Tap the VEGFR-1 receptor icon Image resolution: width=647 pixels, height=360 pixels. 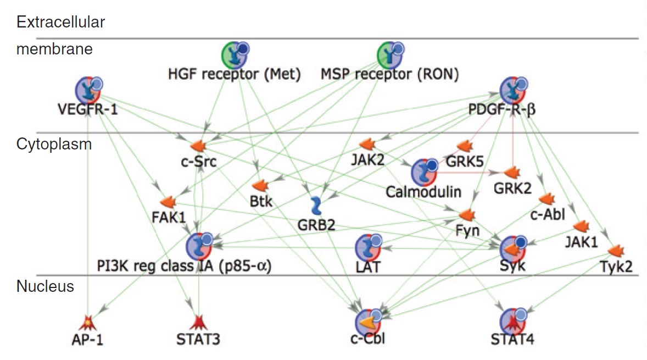coord(88,90)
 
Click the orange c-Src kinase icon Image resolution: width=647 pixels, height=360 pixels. coord(197,146)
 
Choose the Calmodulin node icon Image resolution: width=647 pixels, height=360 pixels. coord(425,172)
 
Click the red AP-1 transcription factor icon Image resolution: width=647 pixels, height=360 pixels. coord(87,322)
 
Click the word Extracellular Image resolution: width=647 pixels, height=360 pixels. coord(61,23)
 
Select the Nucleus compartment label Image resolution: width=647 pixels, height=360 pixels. coord(45,286)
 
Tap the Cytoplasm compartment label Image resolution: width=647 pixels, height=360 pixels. coord(54,144)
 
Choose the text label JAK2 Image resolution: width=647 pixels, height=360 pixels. coord(366,161)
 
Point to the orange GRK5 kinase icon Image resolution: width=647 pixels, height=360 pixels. coord(465,146)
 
